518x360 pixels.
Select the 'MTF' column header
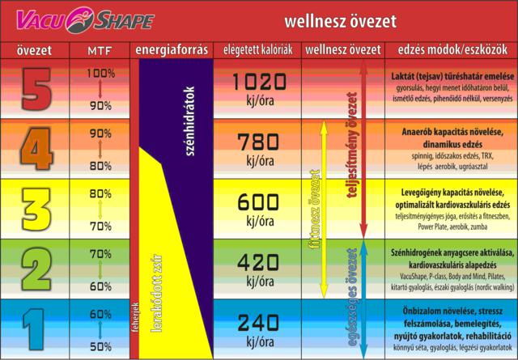pyautogui.click(x=100, y=50)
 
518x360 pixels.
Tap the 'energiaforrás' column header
pyautogui.click(x=171, y=50)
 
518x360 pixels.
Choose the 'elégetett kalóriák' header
pyautogui.click(x=258, y=50)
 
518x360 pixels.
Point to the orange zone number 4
pyautogui.click(x=33, y=149)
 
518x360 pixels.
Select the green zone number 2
pyautogui.click(x=33, y=269)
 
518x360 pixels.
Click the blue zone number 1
pyautogui.click(x=33, y=328)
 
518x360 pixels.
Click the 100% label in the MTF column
pyautogui.click(x=100, y=73)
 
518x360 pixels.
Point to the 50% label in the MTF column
pyautogui.click(x=100, y=346)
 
